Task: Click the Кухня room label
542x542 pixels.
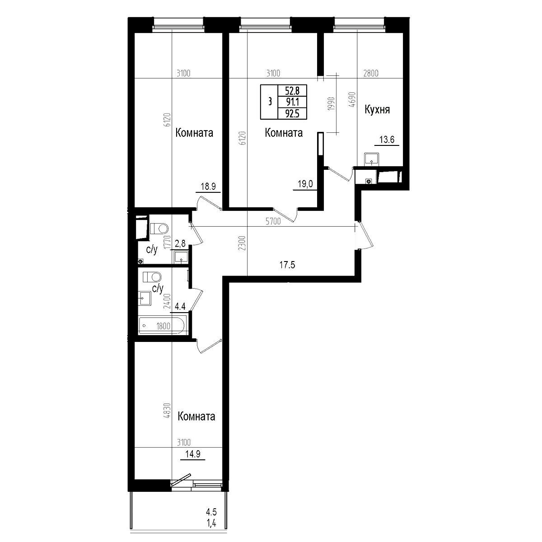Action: [377, 110]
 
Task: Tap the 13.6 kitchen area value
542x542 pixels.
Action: [387, 140]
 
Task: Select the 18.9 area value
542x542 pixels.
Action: [208, 187]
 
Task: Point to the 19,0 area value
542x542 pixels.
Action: [305, 184]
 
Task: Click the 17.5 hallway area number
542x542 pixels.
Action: [287, 265]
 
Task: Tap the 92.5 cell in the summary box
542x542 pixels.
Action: [292, 114]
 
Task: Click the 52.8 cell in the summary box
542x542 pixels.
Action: [292, 91]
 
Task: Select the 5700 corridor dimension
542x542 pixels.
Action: [273, 222]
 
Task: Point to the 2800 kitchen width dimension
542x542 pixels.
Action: [371, 74]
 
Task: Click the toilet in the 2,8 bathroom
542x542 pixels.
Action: [159, 228]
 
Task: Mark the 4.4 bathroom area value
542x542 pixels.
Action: [180, 306]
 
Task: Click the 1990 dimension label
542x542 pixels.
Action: [332, 104]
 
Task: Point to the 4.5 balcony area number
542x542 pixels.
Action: [211, 511]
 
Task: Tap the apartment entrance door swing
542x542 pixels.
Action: [366, 235]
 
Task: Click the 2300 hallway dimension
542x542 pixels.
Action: [243, 243]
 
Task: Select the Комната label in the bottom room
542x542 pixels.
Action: [196, 416]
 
